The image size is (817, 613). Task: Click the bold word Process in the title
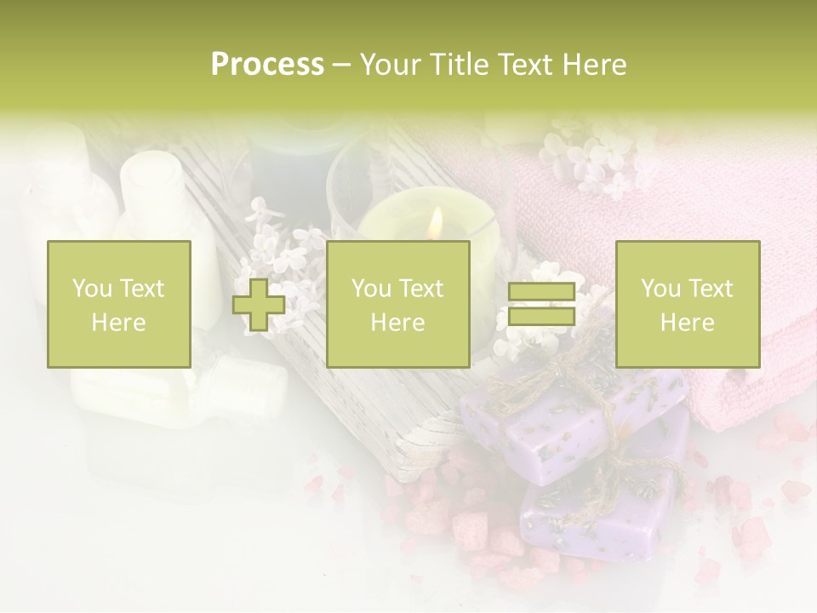[267, 65]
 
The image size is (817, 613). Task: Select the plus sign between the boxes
[259, 305]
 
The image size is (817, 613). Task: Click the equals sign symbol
[541, 304]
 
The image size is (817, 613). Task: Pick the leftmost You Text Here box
[118, 304]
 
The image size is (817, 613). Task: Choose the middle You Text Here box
[397, 304]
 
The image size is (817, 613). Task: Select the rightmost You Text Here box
[687, 304]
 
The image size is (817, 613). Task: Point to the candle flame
[436, 223]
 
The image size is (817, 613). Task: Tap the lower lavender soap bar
[596, 511]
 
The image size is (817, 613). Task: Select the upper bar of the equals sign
[541, 292]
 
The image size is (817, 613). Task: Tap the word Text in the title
[524, 65]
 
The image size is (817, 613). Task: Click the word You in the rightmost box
[660, 289]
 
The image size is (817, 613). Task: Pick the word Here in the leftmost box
[118, 322]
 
